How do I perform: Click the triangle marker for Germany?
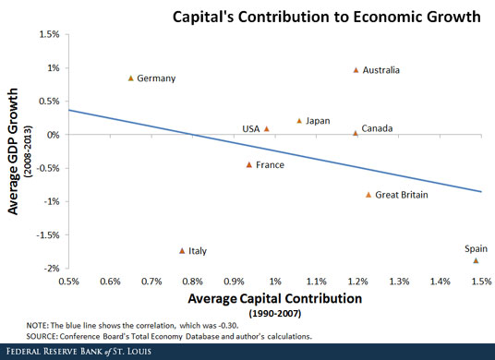(130, 78)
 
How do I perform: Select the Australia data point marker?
(356, 70)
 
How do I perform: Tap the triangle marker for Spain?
(476, 260)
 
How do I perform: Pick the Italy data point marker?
(182, 250)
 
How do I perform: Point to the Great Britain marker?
(368, 195)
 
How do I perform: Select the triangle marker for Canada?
(355, 133)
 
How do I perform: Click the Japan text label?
(318, 121)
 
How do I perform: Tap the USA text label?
(251, 129)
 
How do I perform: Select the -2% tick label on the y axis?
(48, 269)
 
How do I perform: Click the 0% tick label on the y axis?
(52, 135)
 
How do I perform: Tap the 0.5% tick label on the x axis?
(69, 281)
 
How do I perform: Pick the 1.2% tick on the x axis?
(357, 281)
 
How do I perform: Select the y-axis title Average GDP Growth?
(15, 152)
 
